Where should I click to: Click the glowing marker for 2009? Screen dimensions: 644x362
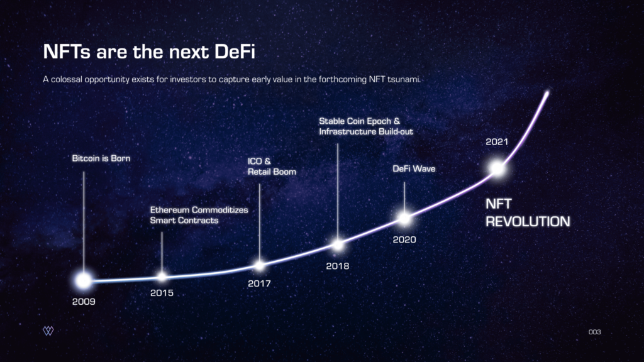point(84,280)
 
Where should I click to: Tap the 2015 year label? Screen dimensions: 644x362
point(162,293)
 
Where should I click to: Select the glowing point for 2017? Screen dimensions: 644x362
point(260,266)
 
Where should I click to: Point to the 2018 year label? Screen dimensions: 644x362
point(338,266)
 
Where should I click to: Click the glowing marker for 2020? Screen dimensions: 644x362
point(404,219)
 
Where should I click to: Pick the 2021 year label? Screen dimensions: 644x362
point(497,142)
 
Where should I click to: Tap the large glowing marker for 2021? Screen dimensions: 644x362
point(497,168)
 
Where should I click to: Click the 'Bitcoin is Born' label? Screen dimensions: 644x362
point(101,158)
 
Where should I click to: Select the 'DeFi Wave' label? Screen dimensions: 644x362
point(414,168)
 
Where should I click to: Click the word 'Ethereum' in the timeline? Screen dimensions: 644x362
point(168,210)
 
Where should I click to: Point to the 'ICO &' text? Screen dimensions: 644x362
point(259,162)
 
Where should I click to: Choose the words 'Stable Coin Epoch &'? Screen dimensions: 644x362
point(359,121)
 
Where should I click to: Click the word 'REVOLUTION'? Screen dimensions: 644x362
point(528,222)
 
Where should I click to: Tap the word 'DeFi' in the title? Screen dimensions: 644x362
point(235,52)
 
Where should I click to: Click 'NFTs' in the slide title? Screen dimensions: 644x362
point(67,52)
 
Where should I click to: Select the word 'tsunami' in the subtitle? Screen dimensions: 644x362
point(404,79)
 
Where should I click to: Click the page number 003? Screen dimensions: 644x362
point(595,332)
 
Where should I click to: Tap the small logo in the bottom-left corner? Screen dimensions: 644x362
point(48,331)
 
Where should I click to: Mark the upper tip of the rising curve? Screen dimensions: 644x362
point(547,93)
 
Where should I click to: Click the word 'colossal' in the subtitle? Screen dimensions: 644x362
point(67,79)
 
